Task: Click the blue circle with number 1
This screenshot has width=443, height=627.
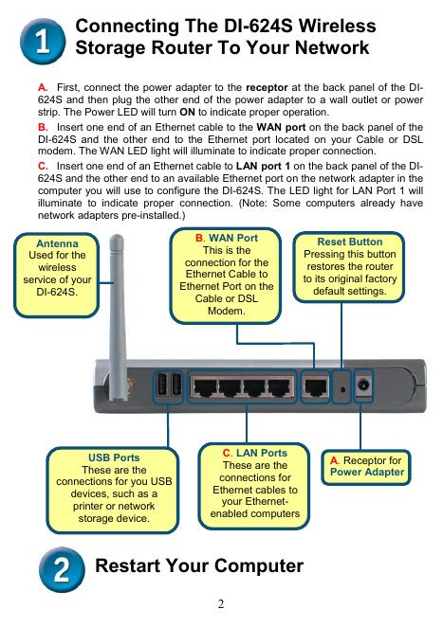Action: pos(42,41)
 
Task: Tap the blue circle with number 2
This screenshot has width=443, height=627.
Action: pos(62,569)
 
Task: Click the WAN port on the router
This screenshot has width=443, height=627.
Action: pos(316,387)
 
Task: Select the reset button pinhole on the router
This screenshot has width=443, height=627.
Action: pos(342,388)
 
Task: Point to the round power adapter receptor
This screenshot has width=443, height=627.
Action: pos(363,385)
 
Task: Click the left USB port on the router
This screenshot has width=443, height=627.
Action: pos(161,385)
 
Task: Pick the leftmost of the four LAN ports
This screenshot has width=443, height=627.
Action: pos(205,387)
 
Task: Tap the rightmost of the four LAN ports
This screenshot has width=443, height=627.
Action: pos(281,387)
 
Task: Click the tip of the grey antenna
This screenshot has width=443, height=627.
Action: pos(117,236)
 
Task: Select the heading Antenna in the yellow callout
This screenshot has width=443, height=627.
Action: pos(57,243)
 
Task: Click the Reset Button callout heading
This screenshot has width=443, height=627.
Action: pos(350,242)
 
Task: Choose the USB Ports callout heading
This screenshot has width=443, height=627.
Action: pos(114,457)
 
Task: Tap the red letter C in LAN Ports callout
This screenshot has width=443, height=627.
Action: pos(227,453)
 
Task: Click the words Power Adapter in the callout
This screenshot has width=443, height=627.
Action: pos(367,473)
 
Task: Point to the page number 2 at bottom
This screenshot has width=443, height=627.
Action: pos(221,604)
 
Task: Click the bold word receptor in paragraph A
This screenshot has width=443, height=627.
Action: pos(267,87)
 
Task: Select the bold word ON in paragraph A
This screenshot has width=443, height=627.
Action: pos(187,113)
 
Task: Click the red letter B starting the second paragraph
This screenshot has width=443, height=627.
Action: pos(42,127)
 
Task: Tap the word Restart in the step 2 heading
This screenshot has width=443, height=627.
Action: pos(128,565)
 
